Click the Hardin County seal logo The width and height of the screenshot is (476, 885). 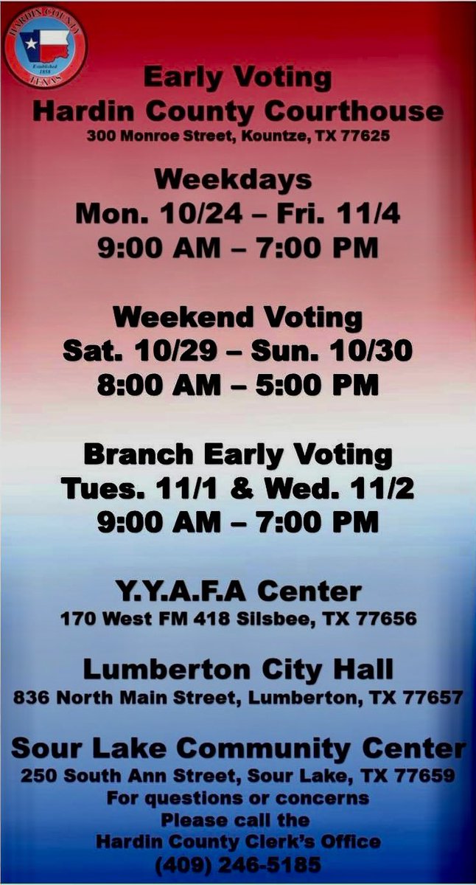tap(45, 46)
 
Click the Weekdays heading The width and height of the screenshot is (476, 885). tap(233, 179)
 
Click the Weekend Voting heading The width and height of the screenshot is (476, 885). tap(237, 317)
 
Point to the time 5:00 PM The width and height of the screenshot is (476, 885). tap(320, 385)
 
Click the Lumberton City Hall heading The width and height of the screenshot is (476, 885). tap(238, 670)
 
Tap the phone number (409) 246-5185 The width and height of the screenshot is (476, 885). tap(237, 864)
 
